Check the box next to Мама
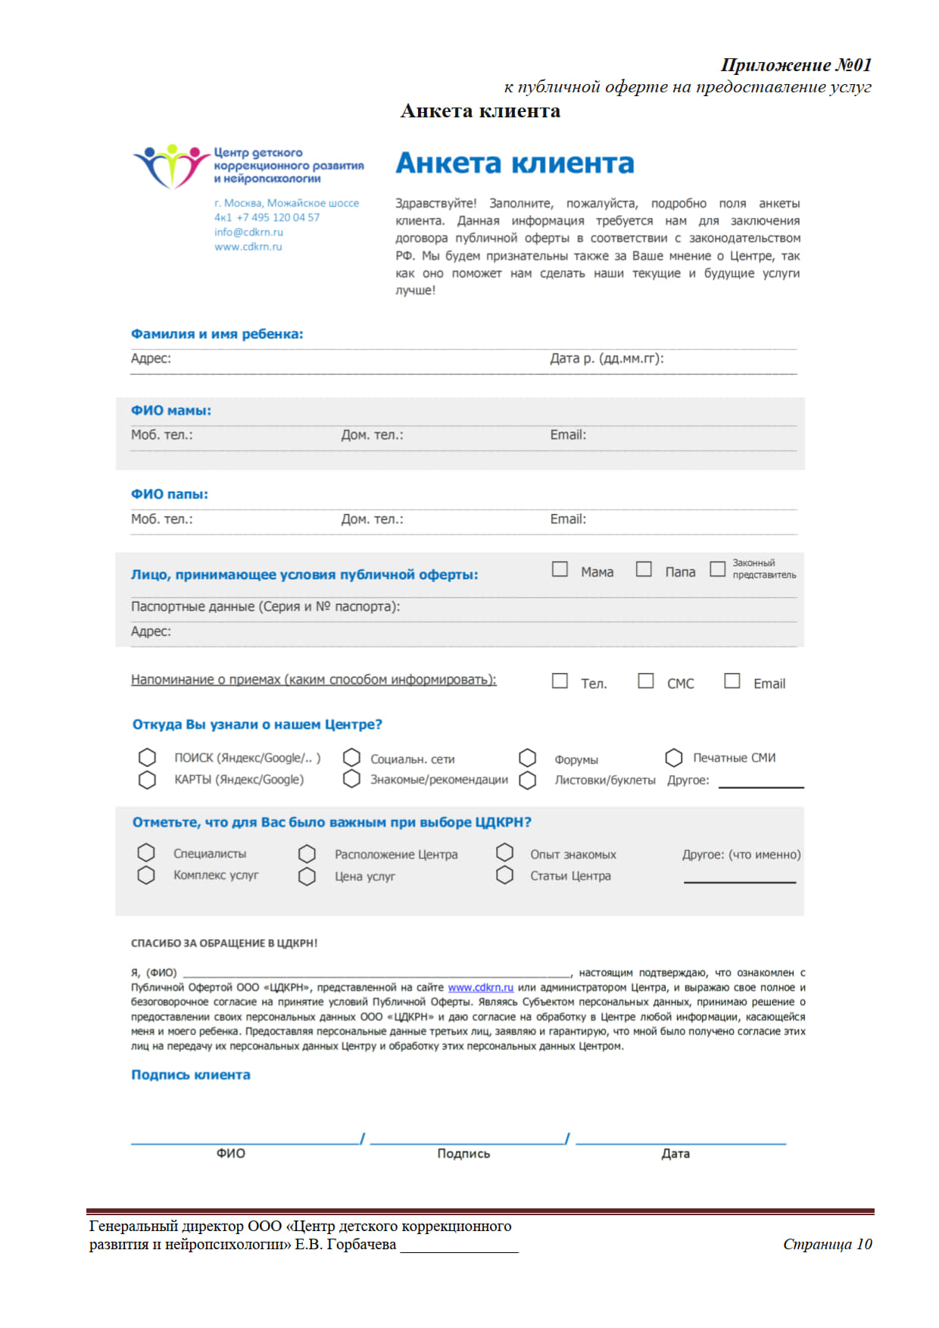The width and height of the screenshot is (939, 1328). coord(560,569)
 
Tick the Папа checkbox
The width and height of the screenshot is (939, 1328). coord(644,569)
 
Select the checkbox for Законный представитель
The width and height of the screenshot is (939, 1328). coord(717,569)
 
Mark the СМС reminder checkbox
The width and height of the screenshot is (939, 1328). coord(646,681)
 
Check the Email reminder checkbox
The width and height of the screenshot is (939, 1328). coord(732,681)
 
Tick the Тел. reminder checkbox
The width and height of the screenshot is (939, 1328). coord(560,681)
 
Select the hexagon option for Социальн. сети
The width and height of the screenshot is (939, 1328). coord(351,758)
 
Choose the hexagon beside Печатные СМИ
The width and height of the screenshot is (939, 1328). coord(674,758)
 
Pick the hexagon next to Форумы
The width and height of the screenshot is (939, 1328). coord(528,758)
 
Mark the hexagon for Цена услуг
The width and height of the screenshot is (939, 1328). coord(307,877)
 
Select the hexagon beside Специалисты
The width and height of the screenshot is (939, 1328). coord(146,853)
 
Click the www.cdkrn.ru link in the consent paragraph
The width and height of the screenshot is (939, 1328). coord(480,987)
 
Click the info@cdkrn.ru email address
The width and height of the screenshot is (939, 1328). coord(248,232)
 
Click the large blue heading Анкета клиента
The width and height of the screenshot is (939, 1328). coord(515,164)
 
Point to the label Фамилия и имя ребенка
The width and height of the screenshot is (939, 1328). coord(217,334)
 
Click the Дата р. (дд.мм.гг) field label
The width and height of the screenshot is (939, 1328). coord(607,358)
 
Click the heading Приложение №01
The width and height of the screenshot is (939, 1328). coord(796,65)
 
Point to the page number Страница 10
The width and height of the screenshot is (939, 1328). coord(827,1244)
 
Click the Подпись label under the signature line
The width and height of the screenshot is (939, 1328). coord(463,1153)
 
